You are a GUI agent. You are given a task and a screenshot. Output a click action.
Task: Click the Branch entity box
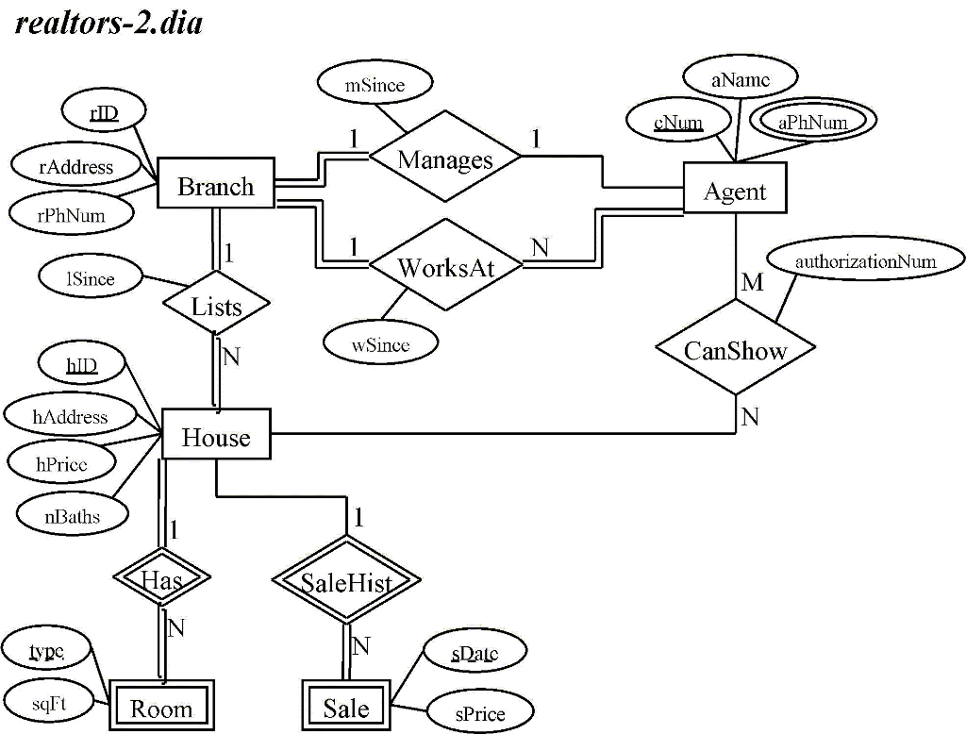pyautogui.click(x=216, y=186)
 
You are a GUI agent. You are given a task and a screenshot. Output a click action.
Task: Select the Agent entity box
pyautogui.click(x=735, y=191)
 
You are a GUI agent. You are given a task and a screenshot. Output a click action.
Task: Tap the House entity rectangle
pyautogui.click(x=216, y=437)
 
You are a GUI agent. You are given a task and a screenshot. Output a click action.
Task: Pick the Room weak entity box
pyautogui.click(x=160, y=708)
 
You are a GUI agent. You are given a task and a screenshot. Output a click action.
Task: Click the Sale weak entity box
pyautogui.click(x=346, y=707)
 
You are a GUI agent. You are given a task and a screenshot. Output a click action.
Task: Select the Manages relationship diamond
pyautogui.click(x=445, y=158)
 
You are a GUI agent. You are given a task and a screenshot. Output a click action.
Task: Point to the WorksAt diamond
pyautogui.click(x=445, y=267)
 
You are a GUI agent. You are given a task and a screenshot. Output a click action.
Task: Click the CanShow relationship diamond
pyautogui.click(x=735, y=351)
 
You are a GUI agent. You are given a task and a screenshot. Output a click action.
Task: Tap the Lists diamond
pyautogui.click(x=216, y=306)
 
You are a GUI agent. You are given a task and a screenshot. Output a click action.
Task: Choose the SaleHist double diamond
pyautogui.click(x=346, y=582)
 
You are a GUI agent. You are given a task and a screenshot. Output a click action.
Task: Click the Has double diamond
pyautogui.click(x=160, y=577)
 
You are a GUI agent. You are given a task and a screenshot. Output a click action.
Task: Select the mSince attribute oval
pyautogui.click(x=375, y=85)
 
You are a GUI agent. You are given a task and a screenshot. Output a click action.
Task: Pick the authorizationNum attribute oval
pyautogui.click(x=865, y=260)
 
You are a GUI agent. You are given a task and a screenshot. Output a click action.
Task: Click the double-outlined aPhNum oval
pyautogui.click(x=813, y=122)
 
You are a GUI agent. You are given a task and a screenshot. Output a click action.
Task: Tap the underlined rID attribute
pyautogui.click(x=104, y=112)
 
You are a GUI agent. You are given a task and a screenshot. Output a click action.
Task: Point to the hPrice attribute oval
pyautogui.click(x=61, y=462)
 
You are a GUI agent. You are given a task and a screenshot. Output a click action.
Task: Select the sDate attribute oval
pyautogui.click(x=474, y=651)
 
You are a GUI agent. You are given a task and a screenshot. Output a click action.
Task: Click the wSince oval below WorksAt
pyautogui.click(x=380, y=344)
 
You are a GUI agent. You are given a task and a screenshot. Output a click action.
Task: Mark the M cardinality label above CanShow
pyautogui.click(x=752, y=282)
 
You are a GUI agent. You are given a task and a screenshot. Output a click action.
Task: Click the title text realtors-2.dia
pyautogui.click(x=109, y=23)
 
